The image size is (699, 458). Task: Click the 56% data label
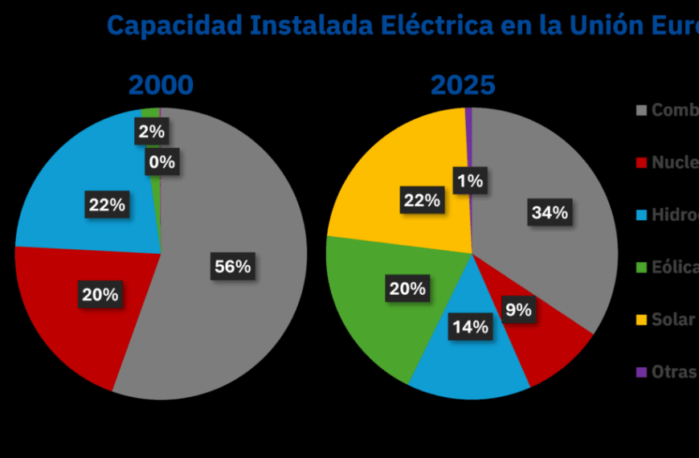click(233, 266)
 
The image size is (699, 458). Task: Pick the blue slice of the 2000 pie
click(72, 177)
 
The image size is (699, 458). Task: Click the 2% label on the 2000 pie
click(151, 131)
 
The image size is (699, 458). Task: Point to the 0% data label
click(161, 162)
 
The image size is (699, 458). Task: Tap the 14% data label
click(469, 327)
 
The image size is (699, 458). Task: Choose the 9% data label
click(517, 309)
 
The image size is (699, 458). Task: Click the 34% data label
click(550, 212)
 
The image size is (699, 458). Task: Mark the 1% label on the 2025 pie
click(469, 181)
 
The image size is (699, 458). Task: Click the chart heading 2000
click(161, 85)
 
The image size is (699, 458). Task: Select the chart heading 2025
click(463, 85)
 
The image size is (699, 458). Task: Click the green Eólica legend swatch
click(641, 267)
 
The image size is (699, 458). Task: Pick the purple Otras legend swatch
click(641, 371)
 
